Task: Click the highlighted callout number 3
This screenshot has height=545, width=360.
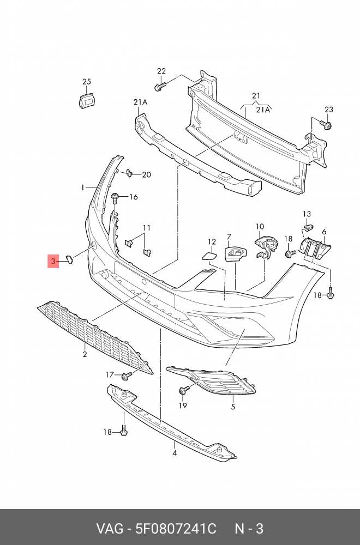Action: click(x=53, y=262)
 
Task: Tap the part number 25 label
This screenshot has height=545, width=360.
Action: click(x=87, y=82)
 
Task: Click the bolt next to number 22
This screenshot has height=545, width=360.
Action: click(x=159, y=86)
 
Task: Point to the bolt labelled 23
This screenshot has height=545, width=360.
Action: click(x=327, y=125)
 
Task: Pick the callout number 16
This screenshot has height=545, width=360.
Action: click(x=133, y=197)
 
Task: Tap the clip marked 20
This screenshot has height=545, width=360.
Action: click(x=128, y=173)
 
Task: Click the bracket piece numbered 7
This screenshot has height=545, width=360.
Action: click(x=235, y=253)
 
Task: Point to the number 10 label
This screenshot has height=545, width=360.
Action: click(x=260, y=226)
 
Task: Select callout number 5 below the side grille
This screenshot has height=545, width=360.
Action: click(x=232, y=406)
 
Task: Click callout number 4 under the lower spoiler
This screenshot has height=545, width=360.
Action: click(x=175, y=452)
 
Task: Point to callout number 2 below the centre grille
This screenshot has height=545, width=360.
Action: click(x=85, y=355)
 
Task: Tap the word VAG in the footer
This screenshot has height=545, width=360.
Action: click(x=109, y=529)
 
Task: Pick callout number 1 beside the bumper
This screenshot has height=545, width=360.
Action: click(x=83, y=187)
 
